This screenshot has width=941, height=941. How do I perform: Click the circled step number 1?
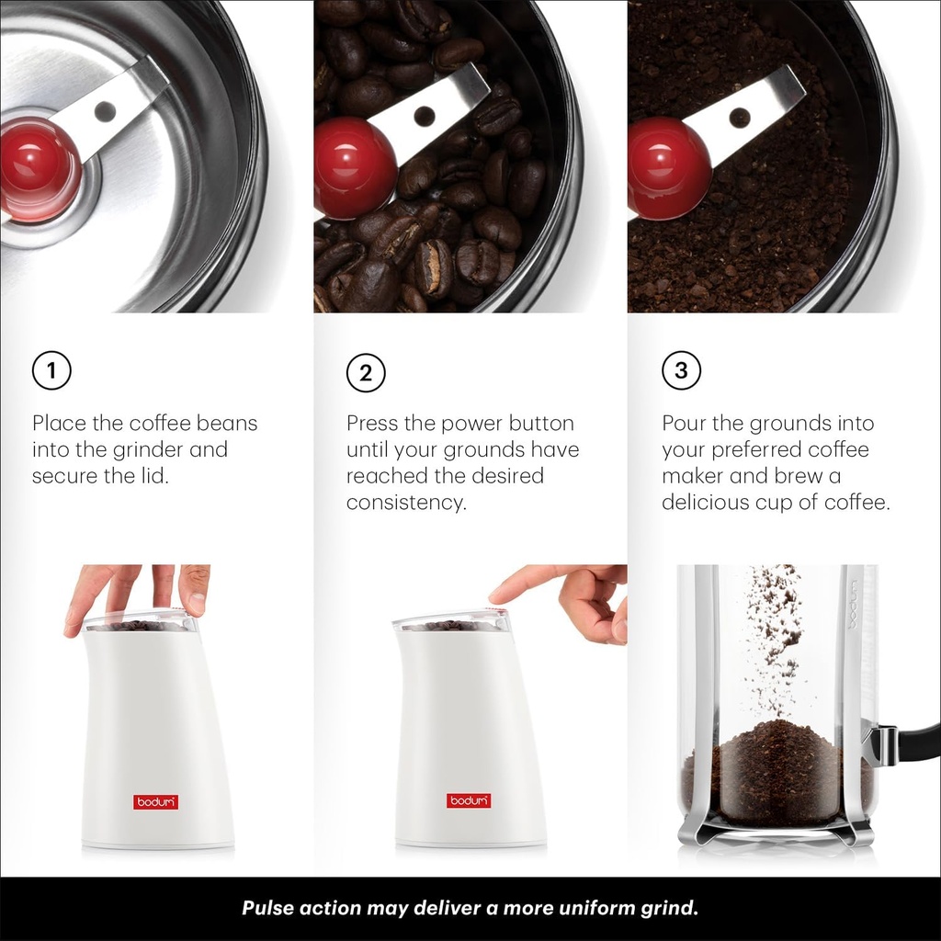pyautogui.click(x=51, y=371)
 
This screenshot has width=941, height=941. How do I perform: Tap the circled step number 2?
pyautogui.click(x=366, y=372)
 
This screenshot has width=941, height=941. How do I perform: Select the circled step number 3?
pyautogui.click(x=681, y=370)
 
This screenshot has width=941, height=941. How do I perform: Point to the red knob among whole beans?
pyautogui.click(x=354, y=166)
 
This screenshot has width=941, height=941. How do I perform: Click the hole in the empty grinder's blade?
pyautogui.click(x=106, y=111)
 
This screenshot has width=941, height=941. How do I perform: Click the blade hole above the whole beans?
pyautogui.click(x=424, y=117)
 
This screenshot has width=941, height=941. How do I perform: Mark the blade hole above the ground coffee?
pyautogui.click(x=740, y=118)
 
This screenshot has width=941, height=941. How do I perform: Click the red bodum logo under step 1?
pyautogui.click(x=156, y=801)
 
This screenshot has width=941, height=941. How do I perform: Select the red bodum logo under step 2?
pyautogui.click(x=470, y=800)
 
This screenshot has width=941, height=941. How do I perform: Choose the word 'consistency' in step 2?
pyautogui.click(x=405, y=503)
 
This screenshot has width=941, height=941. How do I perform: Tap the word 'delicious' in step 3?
pyautogui.click(x=708, y=503)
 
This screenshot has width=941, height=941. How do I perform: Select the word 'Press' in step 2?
pyautogui.click(x=371, y=424)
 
